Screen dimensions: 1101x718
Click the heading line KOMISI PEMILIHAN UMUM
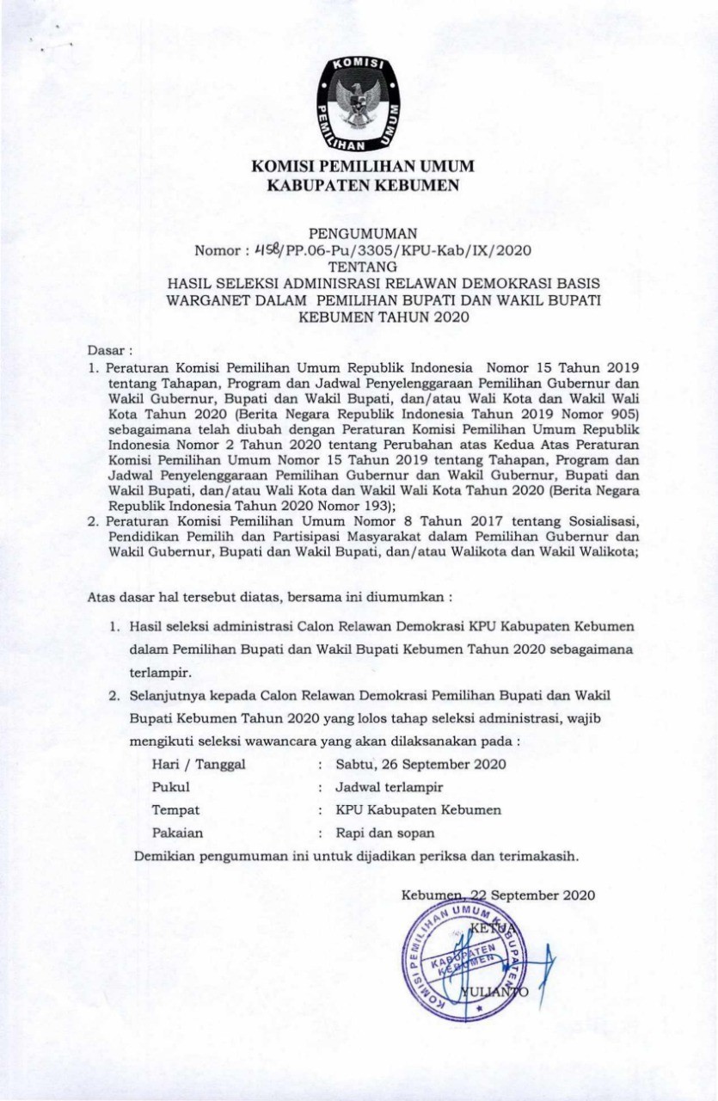(362, 166)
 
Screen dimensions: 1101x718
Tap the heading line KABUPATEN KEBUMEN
(362, 183)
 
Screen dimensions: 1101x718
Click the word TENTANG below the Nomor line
(362, 267)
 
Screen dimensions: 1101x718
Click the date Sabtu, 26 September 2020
(420, 764)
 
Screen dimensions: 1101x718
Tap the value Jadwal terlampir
(389, 787)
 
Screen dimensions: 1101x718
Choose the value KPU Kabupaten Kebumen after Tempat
(418, 810)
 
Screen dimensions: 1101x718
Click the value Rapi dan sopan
(385, 833)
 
